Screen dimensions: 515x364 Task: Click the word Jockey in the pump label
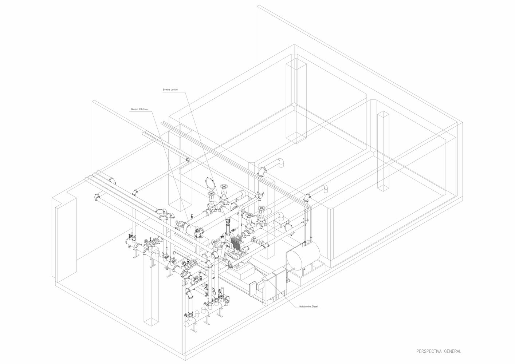coord(174,90)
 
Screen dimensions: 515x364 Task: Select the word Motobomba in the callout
coord(304,306)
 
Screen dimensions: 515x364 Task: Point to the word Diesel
coord(315,306)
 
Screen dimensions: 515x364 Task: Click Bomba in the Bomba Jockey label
coord(166,90)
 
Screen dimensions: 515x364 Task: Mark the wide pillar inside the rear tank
coord(296,101)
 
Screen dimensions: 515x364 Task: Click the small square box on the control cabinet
coord(260,286)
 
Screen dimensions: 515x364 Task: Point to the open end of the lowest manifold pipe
coord(186,323)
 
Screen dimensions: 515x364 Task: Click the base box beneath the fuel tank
coord(306,274)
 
